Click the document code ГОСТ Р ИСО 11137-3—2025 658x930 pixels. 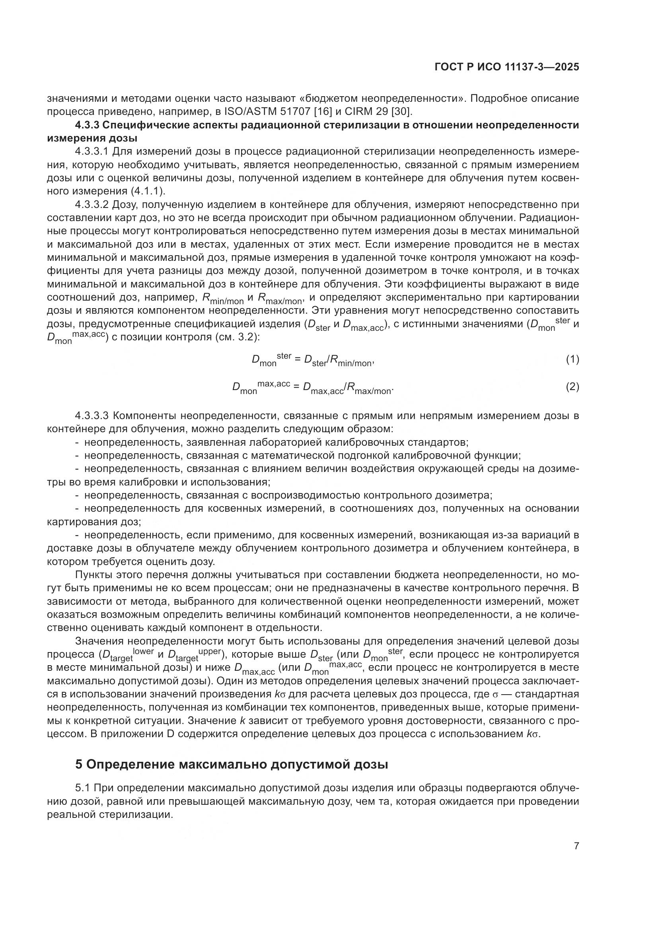click(x=506, y=67)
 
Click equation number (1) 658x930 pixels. click(x=572, y=359)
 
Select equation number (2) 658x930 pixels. click(x=572, y=387)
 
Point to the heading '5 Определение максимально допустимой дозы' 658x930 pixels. click(x=232, y=765)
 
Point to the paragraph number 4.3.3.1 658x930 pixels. click(x=92, y=151)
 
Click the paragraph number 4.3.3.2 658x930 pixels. click(x=92, y=204)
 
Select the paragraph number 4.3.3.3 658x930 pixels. click(x=92, y=415)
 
